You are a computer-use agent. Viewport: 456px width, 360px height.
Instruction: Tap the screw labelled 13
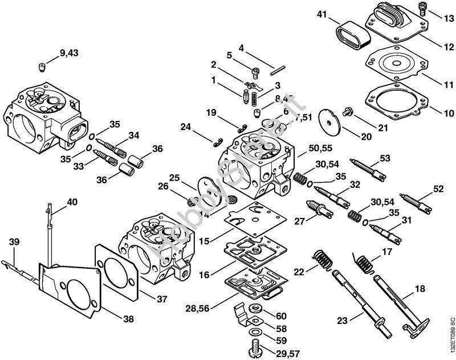point(422,8)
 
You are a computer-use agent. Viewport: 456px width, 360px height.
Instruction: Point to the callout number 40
point(72,202)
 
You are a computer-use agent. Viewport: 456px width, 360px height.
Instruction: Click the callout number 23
point(342,321)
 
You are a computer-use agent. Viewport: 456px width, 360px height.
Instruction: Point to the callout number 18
point(420,289)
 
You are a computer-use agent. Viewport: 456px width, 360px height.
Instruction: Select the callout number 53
point(385,157)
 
